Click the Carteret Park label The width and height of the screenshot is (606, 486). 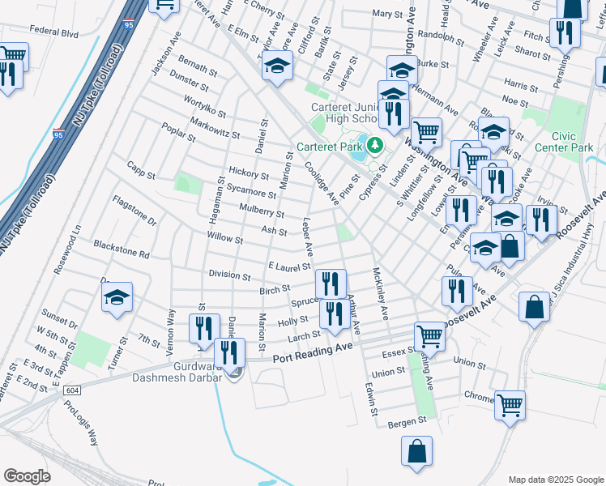pos(330,147)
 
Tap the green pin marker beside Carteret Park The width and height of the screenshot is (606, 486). pos(374,146)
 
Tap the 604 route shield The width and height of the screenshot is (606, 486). pos(73,390)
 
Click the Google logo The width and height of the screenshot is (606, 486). pos(27,475)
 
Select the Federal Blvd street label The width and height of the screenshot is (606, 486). pos(53,34)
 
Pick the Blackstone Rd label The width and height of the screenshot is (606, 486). pos(122,249)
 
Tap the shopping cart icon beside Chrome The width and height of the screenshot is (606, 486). pos(510,404)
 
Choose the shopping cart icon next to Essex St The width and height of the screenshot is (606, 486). pos(429,335)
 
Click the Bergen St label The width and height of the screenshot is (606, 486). pos(407,421)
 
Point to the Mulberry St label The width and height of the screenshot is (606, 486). pos(262,211)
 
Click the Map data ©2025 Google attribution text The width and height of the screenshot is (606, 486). pos(555,479)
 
